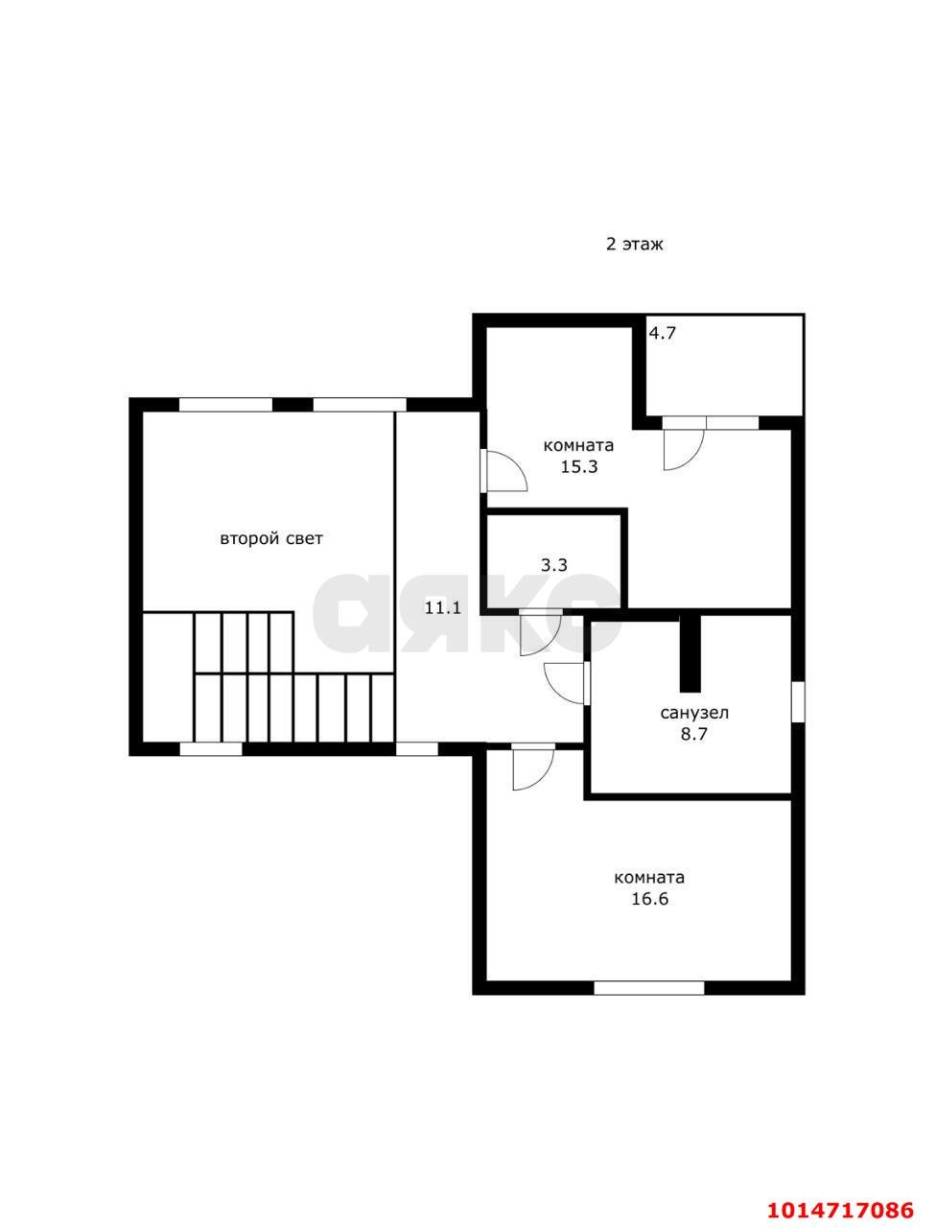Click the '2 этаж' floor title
[x=634, y=244]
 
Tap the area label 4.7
[x=662, y=334]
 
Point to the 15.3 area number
[x=579, y=466]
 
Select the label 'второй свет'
[x=271, y=539]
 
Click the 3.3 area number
[x=554, y=565]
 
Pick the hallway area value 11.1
[x=443, y=607]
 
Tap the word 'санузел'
[x=694, y=714]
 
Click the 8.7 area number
[x=694, y=734]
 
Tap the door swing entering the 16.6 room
[x=533, y=767]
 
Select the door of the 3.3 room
[x=540, y=632]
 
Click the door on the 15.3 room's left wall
[x=503, y=470]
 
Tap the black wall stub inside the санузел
[x=690, y=653]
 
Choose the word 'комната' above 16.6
[x=649, y=878]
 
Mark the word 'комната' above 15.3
[x=579, y=446]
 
